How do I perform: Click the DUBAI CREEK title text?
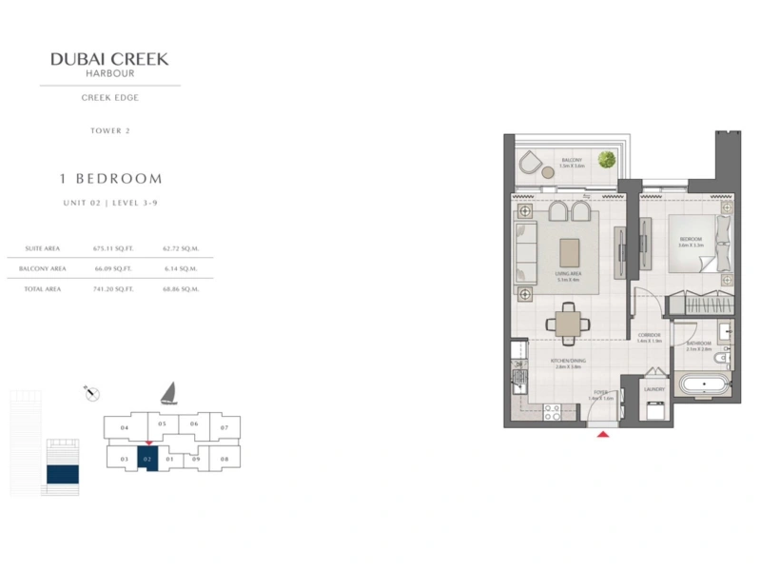(109, 59)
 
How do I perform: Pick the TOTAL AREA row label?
(43, 288)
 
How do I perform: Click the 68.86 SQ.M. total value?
(181, 288)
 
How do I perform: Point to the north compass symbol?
(92, 393)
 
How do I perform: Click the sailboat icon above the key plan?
(168, 391)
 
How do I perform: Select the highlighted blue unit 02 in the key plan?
(146, 459)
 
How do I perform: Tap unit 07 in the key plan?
(224, 427)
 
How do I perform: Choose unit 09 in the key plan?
(196, 459)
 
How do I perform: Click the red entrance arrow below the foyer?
(602, 435)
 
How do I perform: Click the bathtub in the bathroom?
(704, 386)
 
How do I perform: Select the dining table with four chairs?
(567, 323)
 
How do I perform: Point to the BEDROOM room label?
(691, 239)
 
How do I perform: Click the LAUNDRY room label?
(654, 388)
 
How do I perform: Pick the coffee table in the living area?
(570, 251)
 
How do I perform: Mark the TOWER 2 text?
(109, 130)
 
